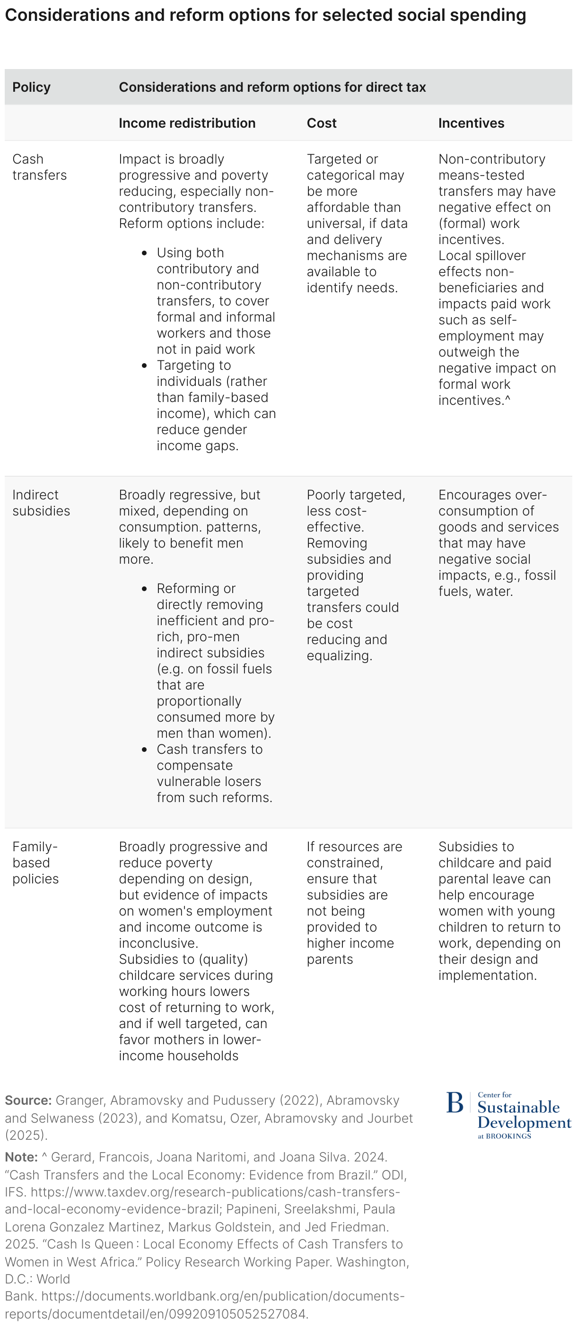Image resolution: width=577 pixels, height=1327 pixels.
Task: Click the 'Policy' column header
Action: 31,87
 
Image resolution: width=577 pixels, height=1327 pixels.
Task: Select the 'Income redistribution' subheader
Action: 187,123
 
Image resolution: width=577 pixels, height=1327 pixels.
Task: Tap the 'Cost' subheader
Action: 322,123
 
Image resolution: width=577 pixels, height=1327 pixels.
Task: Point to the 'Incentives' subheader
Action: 471,123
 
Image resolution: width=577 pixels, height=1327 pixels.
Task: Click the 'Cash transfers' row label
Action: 39,167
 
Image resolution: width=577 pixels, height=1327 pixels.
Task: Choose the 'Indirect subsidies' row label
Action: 41,503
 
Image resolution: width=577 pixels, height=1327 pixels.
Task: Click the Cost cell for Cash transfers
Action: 357,223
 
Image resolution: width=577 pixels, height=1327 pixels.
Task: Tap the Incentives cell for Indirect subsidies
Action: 498,543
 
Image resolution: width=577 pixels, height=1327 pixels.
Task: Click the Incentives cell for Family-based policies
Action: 498,911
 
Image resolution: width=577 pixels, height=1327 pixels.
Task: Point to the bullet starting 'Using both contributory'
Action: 215,301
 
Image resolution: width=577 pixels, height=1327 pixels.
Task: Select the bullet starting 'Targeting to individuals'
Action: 215,405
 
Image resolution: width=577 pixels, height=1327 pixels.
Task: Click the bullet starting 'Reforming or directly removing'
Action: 215,660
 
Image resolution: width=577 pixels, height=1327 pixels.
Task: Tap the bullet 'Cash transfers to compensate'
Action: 214,773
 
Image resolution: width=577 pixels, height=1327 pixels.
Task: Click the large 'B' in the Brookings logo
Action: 455,1103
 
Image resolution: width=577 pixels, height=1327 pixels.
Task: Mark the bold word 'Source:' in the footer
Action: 28,1100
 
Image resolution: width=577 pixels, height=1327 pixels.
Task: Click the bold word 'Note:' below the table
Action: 21,1157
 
